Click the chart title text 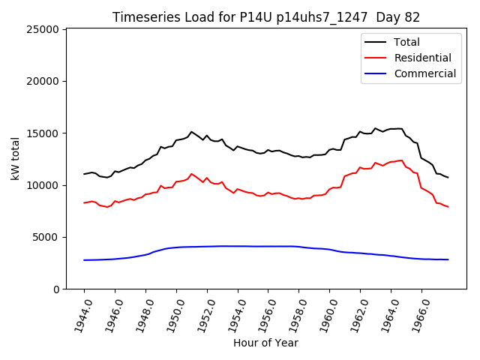point(266,17)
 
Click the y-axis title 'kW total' point(15,158)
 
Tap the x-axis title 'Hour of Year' point(265,343)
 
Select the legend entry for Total point(407,42)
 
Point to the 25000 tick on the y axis point(43,29)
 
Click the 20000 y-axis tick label point(43,81)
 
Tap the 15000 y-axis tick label point(43,133)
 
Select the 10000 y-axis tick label point(43,185)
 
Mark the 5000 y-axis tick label point(46,237)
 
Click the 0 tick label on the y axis point(56,289)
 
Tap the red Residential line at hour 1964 point(391,162)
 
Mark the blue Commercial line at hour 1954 point(238,246)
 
